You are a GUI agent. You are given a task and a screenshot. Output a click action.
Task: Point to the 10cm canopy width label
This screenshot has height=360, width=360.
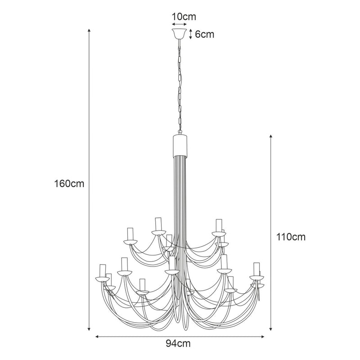tap(184, 17)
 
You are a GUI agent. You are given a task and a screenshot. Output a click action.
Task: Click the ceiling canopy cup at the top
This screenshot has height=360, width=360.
tap(180, 34)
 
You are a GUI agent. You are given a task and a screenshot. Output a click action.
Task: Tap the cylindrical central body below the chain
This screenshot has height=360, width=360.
tap(180, 144)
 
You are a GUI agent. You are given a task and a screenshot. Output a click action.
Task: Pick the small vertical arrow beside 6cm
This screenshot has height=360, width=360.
tap(191, 34)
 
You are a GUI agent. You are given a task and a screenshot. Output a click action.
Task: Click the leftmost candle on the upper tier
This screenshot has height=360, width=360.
tap(131, 234)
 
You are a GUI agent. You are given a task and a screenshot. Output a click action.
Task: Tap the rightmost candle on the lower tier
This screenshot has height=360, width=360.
tap(256, 269)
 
